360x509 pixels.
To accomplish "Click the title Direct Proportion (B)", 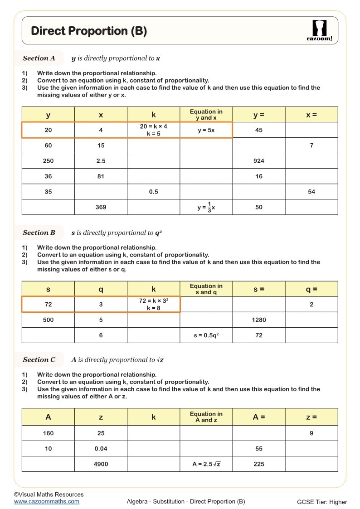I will click(89, 31).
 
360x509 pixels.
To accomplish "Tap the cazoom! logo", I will click(319, 31).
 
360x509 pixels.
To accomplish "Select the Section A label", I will click(39, 58).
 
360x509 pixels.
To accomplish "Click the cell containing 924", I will click(259, 161).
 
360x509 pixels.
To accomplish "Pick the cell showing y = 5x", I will click(206, 130).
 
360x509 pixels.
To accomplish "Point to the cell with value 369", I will click(101, 207).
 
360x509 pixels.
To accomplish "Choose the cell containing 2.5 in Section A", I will click(101, 161).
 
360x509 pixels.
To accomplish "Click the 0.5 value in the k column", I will click(154, 192).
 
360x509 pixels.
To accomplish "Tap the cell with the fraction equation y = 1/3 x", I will click(206, 207).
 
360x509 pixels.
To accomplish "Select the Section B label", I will click(39, 233).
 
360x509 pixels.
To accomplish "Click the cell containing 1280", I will click(259, 320).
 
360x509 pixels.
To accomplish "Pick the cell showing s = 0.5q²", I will click(206, 335).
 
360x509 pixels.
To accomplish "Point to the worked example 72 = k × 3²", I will click(154, 305).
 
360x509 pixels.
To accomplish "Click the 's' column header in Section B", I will click(49, 289).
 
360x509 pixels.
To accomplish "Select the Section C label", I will click(39, 359).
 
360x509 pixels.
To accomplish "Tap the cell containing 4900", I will click(101, 464).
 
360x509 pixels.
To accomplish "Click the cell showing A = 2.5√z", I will click(206, 464).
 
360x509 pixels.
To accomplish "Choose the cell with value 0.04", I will click(101, 449).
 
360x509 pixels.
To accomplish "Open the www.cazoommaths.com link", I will click(46, 501).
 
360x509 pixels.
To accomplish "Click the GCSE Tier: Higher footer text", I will click(322, 502).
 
